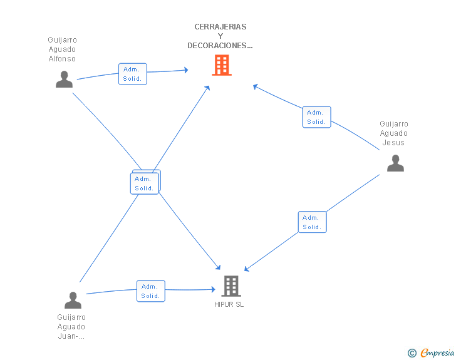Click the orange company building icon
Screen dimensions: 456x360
pos(222,65)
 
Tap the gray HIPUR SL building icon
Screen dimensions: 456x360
pos(231,286)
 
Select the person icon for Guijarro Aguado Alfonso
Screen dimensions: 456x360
pos(64,79)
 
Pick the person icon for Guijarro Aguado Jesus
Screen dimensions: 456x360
pos(395,163)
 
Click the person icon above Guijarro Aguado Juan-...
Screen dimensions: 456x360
pos(73,300)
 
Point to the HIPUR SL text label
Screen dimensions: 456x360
pos(229,304)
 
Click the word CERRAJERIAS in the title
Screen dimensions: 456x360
pos(220,27)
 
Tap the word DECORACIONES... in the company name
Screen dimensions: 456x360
pos(220,46)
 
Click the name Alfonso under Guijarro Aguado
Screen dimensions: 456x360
pos(62,59)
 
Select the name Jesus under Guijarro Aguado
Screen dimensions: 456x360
pos(393,143)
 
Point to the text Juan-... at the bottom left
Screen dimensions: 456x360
pos(71,336)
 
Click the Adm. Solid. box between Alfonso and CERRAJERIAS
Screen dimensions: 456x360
pos(133,74)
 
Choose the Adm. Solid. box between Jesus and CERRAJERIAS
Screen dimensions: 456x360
pos(317,117)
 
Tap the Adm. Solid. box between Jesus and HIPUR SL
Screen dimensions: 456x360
pos(313,222)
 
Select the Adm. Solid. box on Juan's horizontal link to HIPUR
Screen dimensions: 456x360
pos(151,291)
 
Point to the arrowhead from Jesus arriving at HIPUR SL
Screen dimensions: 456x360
pos(246,269)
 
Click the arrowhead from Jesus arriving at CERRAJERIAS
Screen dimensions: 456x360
pos(255,86)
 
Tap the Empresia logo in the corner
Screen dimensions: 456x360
pos(437,353)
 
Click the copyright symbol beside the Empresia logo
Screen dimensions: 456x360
pos(412,353)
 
